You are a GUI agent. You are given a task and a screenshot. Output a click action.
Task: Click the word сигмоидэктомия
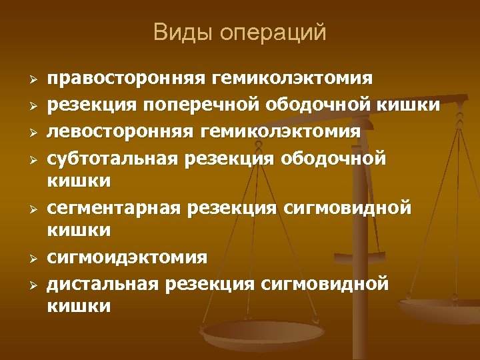point(127,257)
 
